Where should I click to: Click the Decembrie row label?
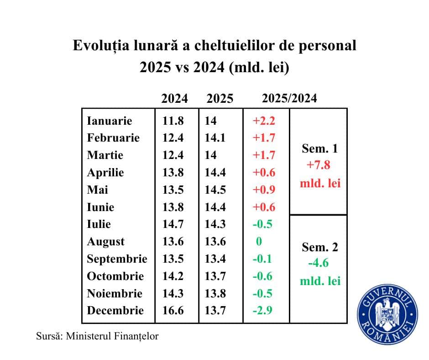(x=115, y=311)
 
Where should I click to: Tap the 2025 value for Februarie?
(x=216, y=138)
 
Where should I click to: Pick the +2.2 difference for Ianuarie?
(x=264, y=121)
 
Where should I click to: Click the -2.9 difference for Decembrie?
(x=262, y=311)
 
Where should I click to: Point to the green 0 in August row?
(x=259, y=242)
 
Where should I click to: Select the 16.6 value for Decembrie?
(x=173, y=311)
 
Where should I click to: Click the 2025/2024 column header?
(x=289, y=99)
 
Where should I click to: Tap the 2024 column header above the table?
(x=174, y=99)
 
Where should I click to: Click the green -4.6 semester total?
(x=318, y=264)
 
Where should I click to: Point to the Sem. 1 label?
(x=320, y=149)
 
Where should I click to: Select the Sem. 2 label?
(x=320, y=247)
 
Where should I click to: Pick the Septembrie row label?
(x=117, y=259)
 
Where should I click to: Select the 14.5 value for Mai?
(x=216, y=190)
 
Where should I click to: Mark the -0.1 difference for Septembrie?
(x=262, y=259)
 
